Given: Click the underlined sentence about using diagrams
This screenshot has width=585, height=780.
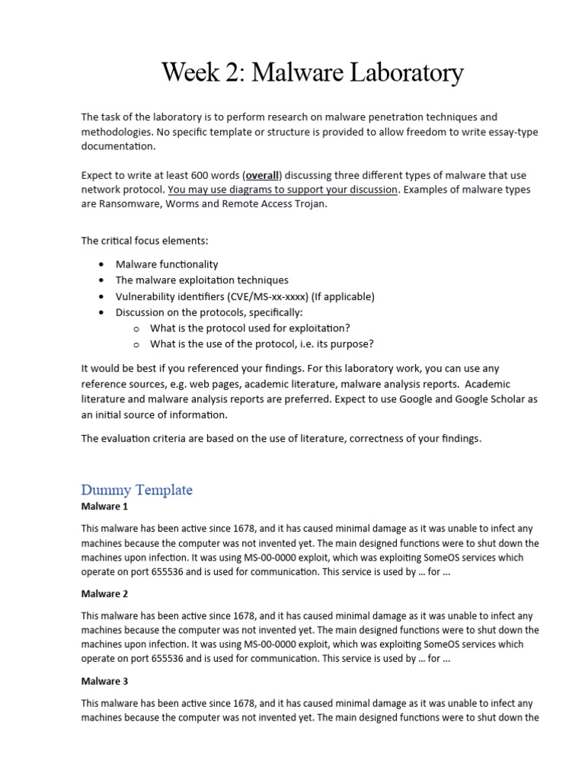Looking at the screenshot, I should [283, 190].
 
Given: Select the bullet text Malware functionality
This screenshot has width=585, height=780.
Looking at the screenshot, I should [167, 264].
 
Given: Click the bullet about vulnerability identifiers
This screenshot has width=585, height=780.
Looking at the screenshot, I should [234, 296].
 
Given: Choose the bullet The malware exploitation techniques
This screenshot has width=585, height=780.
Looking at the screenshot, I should [202, 280].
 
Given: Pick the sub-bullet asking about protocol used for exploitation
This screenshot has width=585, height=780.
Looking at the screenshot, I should [250, 328].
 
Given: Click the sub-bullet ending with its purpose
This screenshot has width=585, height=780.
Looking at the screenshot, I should [262, 344].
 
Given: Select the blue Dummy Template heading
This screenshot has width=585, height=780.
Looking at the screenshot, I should [136, 490].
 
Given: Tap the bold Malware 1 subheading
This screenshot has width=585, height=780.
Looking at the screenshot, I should [105, 507].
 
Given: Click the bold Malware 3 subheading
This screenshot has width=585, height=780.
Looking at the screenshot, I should [105, 681].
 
